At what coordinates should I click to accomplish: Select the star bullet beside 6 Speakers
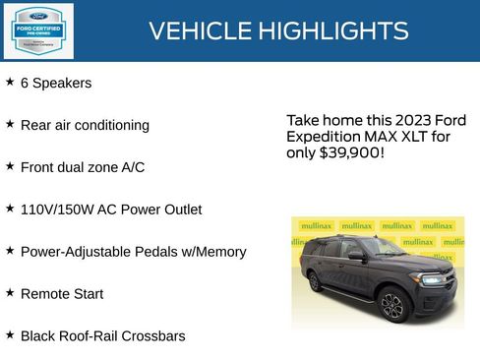(10, 83)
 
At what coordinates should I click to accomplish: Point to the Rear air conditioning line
(85, 126)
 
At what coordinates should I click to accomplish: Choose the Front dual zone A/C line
(83, 167)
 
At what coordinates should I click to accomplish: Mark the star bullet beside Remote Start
(10, 293)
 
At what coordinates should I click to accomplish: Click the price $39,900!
(351, 153)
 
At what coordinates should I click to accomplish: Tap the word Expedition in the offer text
(324, 137)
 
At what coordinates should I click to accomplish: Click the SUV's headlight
(432, 279)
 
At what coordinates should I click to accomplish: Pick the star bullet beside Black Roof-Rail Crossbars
(10, 335)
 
